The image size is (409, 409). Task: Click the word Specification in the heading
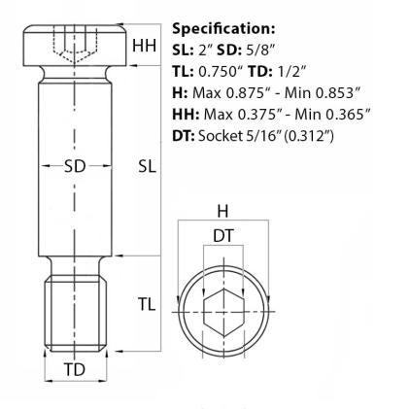pos(222,28)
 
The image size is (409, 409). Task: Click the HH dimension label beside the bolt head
pos(144,45)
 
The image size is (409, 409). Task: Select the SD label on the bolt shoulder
pos(75,166)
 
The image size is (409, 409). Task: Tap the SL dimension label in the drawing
pos(147,166)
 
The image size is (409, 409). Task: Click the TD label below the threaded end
pos(74,369)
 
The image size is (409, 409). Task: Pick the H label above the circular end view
pos(222,211)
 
